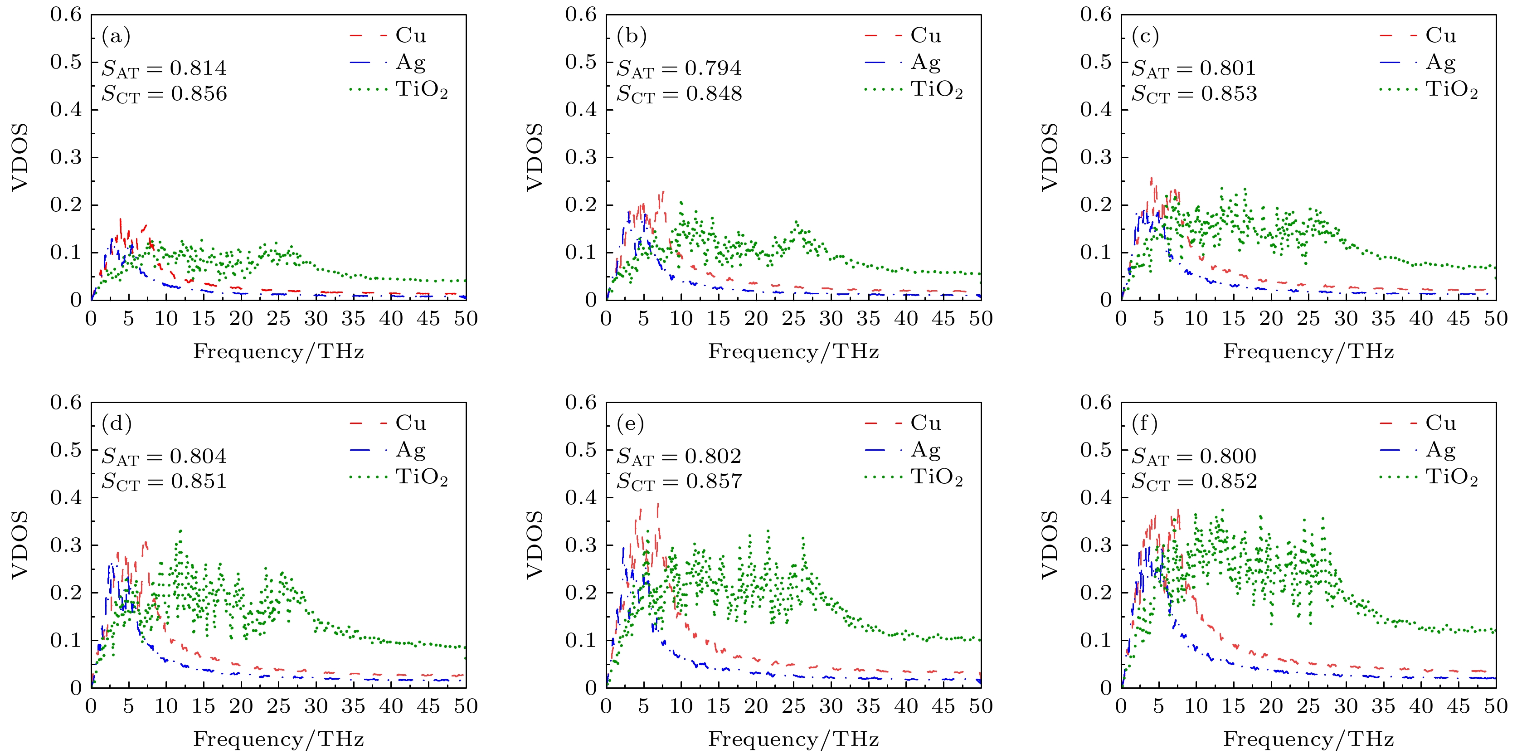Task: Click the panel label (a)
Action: (116, 37)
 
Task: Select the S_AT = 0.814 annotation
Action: (164, 68)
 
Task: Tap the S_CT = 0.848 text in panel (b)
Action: (679, 94)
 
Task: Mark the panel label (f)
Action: (1145, 423)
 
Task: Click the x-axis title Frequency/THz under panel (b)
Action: (793, 352)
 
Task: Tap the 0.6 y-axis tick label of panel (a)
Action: (66, 14)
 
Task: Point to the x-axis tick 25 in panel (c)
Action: (1308, 319)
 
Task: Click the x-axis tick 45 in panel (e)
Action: (943, 706)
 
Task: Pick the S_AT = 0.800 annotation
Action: (1194, 457)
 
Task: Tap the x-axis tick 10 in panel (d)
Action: (165, 706)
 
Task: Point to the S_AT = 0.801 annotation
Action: (1194, 68)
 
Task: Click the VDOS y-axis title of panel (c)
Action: (1050, 157)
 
